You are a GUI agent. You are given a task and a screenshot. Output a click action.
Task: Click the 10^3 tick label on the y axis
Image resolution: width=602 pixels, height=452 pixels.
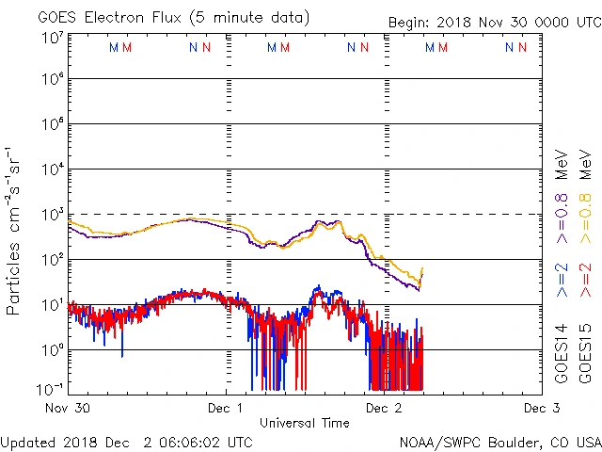52,215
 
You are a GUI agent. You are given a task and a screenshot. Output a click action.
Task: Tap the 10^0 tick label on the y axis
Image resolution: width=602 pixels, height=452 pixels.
52,350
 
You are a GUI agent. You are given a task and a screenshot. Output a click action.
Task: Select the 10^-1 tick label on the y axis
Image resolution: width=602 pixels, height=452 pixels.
52,387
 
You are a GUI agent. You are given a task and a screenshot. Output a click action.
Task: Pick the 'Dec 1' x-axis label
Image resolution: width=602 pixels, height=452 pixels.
226,409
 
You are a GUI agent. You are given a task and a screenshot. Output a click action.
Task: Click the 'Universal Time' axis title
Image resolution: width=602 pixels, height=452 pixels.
304,423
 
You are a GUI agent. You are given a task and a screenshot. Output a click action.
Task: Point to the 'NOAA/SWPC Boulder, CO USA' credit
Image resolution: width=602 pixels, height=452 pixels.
499,442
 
